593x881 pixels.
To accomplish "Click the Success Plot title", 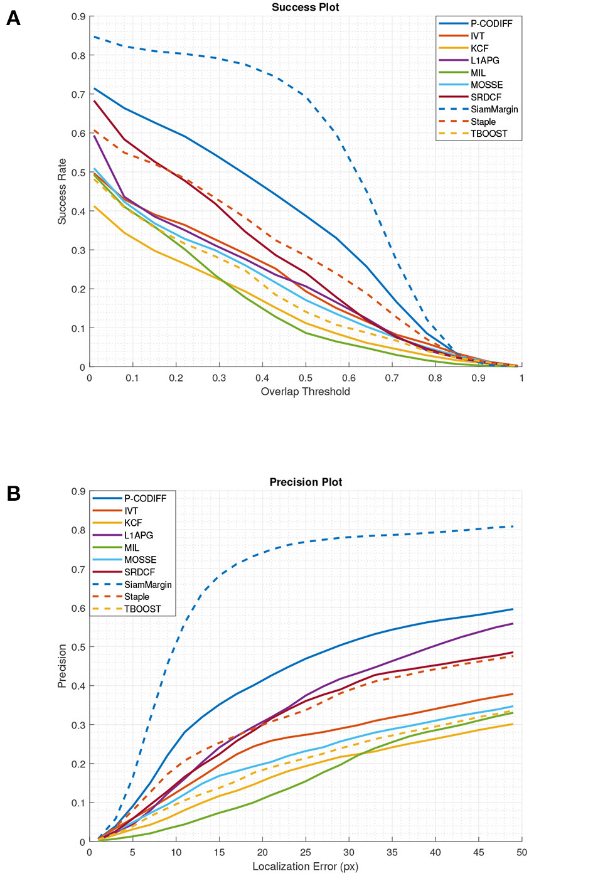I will [305, 8].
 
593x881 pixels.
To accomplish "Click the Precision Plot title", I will [306, 482].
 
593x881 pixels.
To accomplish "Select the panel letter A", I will [13, 19].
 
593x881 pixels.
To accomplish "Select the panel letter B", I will [13, 494].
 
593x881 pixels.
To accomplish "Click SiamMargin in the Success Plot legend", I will [494, 109].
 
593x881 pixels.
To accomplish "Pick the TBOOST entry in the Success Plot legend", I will [488, 134].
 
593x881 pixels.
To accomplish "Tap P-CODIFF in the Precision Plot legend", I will [145, 498].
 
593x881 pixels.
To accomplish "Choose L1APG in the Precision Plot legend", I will [138, 535].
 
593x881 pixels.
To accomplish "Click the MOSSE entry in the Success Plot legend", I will [486, 85].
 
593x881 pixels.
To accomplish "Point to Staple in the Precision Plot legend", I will [136, 597].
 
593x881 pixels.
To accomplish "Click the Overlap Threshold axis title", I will [305, 392].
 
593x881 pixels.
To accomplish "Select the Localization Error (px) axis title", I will [305, 867].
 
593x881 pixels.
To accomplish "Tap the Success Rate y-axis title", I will [62, 191].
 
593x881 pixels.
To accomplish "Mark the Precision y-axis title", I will [62, 666].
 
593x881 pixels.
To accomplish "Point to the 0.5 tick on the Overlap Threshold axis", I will [306, 378].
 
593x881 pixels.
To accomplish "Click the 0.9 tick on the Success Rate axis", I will [78, 17].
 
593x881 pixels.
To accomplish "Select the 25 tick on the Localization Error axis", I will [306, 852].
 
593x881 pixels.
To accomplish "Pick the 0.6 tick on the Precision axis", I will [78, 608].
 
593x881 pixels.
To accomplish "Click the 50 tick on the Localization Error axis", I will [521, 852].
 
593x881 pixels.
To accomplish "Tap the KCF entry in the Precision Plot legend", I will [133, 523].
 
